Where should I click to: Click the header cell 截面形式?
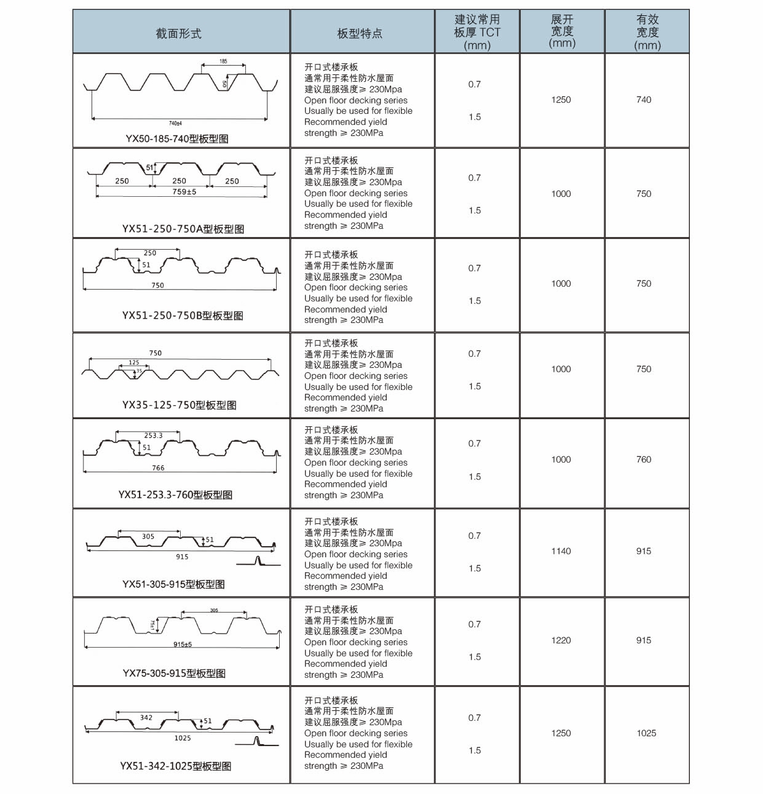178,33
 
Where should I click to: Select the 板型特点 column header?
360,33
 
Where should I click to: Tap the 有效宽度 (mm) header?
647,32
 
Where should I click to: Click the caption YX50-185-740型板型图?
177,138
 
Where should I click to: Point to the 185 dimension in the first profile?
223,62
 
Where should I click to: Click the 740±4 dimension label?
175,124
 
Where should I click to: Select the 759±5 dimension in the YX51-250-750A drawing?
184,192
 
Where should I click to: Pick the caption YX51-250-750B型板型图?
183,316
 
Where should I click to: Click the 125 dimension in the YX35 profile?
134,363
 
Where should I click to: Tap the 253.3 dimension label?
153,435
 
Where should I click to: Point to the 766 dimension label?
158,468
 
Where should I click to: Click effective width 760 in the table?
644,459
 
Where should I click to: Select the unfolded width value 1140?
561,551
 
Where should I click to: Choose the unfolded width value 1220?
561,640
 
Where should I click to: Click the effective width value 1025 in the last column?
646,733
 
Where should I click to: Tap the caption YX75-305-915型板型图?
174,673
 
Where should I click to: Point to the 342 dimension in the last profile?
146,717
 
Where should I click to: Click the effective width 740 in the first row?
644,100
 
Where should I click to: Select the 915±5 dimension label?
183,645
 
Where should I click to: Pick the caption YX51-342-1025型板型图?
176,766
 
